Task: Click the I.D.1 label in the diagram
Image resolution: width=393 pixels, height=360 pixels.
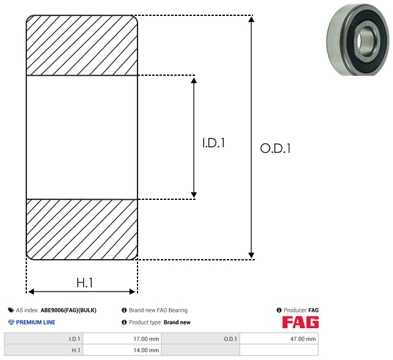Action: pyautogui.click(x=213, y=143)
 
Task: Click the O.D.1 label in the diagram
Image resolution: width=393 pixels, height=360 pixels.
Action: pyautogui.click(x=276, y=148)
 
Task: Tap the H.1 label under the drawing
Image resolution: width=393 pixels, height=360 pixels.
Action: pyautogui.click(x=85, y=283)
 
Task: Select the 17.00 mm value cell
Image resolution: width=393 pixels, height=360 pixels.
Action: pyautogui.click(x=122, y=339)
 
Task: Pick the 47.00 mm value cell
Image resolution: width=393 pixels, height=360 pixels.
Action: pyautogui.click(x=279, y=339)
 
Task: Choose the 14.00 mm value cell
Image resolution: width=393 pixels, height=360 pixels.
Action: pyautogui.click(x=122, y=350)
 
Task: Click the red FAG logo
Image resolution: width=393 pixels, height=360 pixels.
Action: pyautogui.click(x=300, y=322)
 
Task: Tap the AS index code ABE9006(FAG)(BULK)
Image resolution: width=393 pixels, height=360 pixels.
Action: pyautogui.click(x=68, y=310)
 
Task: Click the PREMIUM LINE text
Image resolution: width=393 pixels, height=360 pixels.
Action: pyautogui.click(x=35, y=322)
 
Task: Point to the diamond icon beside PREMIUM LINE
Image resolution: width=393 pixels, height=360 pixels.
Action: pyautogui.click(x=11, y=322)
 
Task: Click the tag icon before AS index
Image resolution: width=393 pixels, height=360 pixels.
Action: pyautogui.click(x=11, y=310)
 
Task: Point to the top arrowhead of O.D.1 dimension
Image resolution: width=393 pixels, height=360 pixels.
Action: pyautogui.click(x=251, y=19)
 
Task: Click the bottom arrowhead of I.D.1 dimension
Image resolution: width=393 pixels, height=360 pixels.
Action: pyautogui.click(x=194, y=195)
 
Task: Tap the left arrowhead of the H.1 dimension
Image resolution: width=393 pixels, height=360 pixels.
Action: pyautogui.click(x=31, y=292)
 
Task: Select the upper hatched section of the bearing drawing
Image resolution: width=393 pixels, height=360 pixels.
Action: pyautogui.click(x=82, y=45)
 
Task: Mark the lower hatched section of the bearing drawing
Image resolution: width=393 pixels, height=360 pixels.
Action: pyautogui.click(x=82, y=229)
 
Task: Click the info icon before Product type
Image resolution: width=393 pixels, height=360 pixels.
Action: pyautogui.click(x=124, y=322)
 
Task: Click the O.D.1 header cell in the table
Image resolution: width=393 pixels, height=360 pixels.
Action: pyautogui.click(x=200, y=339)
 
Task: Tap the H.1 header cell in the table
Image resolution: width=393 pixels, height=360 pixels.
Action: pyautogui.click(x=43, y=350)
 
